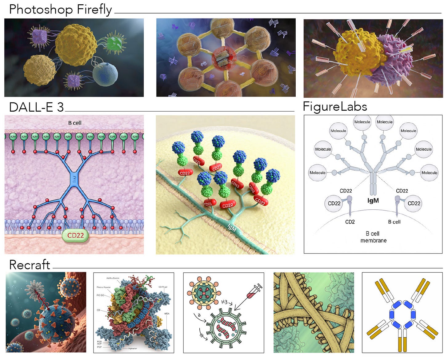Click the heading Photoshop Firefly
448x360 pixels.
[60, 10]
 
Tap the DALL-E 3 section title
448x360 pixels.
[36, 107]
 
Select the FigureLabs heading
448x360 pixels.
[335, 107]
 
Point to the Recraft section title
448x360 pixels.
[30, 265]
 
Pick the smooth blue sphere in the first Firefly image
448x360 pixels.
[105, 74]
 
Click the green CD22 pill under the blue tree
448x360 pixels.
[75, 235]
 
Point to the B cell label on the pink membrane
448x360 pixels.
[75, 123]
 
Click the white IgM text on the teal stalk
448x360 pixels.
[231, 227]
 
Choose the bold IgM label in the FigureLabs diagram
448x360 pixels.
[373, 201]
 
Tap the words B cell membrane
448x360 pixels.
[373, 237]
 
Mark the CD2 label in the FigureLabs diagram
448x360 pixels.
[350, 222]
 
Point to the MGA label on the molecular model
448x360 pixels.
[167, 314]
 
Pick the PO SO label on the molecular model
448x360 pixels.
[101, 295]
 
